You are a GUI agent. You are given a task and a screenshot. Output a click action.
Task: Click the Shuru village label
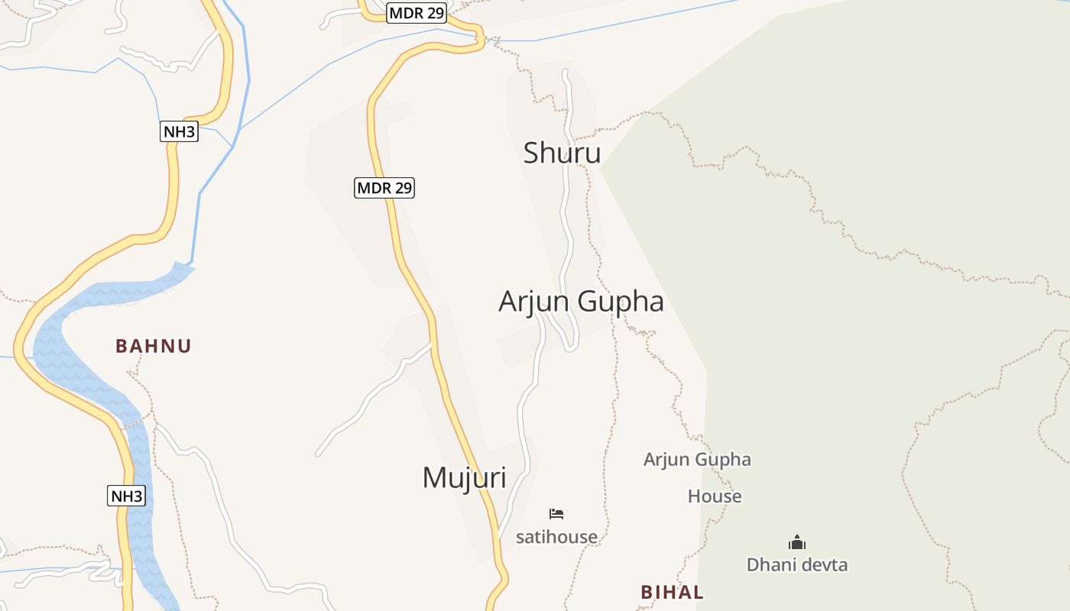click(562, 154)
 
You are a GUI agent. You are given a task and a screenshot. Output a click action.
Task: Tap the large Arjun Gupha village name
click(581, 302)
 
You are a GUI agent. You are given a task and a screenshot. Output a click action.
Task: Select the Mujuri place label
click(464, 478)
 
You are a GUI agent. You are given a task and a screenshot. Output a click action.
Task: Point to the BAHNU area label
click(154, 346)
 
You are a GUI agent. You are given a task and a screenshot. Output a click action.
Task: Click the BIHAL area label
click(672, 592)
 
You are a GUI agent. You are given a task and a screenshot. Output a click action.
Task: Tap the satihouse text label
click(556, 537)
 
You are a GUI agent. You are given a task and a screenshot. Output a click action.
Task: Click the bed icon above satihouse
click(556, 514)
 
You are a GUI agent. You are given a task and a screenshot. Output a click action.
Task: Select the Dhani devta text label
click(797, 565)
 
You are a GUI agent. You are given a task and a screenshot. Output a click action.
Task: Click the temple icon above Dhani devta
click(797, 543)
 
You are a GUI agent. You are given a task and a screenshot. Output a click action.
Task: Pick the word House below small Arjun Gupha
click(715, 496)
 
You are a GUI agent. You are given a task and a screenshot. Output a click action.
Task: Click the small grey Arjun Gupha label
click(697, 460)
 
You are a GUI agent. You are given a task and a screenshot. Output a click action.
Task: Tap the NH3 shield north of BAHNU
click(180, 131)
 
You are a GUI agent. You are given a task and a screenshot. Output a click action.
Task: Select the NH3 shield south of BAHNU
click(126, 496)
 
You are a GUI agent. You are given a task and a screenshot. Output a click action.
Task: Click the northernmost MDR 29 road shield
click(417, 13)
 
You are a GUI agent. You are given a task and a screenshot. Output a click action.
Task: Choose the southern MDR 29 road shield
click(384, 187)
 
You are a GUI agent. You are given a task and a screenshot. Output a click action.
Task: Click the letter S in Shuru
click(532, 154)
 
